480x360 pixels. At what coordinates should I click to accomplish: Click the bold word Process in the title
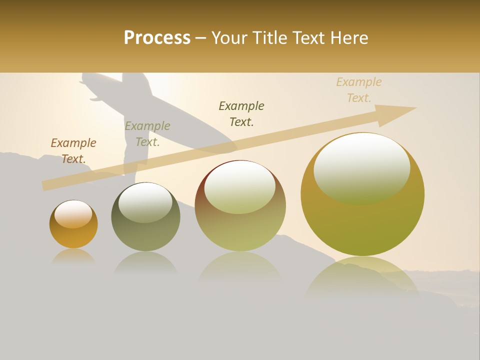click(x=157, y=38)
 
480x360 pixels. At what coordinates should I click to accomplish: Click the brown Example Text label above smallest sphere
click(x=73, y=150)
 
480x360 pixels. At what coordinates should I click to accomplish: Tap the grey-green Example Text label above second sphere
click(x=147, y=133)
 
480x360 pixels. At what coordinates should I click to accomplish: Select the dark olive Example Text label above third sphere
click(x=241, y=113)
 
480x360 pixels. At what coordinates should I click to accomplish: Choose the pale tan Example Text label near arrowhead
click(x=359, y=89)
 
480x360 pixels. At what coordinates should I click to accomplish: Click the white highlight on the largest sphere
click(x=362, y=167)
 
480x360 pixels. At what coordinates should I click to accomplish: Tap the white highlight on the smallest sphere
click(x=73, y=214)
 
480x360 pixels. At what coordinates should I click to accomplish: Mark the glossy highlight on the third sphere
click(x=240, y=186)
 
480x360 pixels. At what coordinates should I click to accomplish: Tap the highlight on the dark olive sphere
click(x=145, y=201)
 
